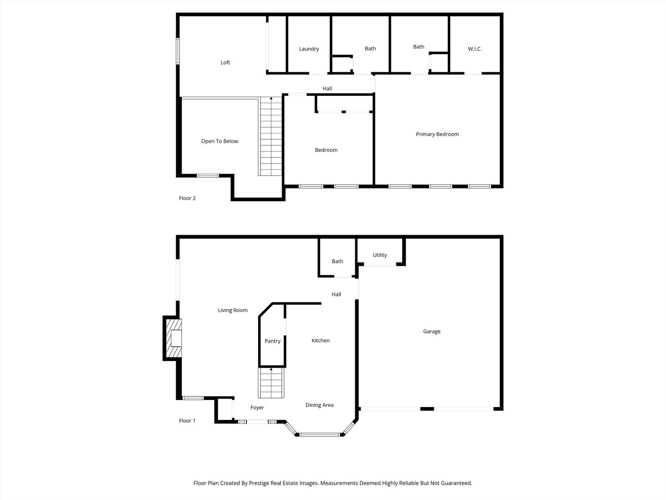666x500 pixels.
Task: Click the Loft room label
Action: pyautogui.click(x=225, y=62)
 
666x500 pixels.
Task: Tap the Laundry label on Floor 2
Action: pyautogui.click(x=309, y=49)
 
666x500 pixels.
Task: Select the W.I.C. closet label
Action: pyautogui.click(x=475, y=49)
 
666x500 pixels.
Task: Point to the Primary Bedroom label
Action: pyautogui.click(x=437, y=134)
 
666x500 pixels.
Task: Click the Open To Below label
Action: pyautogui.click(x=219, y=141)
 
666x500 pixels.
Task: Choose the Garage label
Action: pyautogui.click(x=432, y=331)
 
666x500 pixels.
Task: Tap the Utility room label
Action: pyautogui.click(x=380, y=255)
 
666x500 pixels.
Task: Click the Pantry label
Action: pyautogui.click(x=272, y=341)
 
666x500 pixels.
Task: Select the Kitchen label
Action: pyautogui.click(x=321, y=341)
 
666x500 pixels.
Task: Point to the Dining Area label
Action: pyautogui.click(x=319, y=405)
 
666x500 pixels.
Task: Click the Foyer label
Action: pyautogui.click(x=257, y=408)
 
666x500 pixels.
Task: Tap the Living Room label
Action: pyautogui.click(x=233, y=311)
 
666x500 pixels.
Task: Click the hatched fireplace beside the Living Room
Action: pyautogui.click(x=173, y=338)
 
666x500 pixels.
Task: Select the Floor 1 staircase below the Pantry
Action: pyautogui.click(x=271, y=383)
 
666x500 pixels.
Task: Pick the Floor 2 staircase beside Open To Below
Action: pyautogui.click(x=271, y=137)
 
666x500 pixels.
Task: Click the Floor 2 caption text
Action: pyautogui.click(x=187, y=198)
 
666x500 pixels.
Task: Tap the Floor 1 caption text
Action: pyautogui.click(x=187, y=421)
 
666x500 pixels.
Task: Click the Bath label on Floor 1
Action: pyautogui.click(x=337, y=262)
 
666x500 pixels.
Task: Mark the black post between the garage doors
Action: pyautogui.click(x=427, y=409)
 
